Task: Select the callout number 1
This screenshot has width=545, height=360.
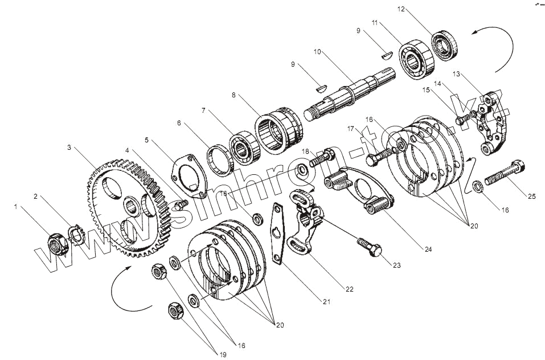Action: click(16, 207)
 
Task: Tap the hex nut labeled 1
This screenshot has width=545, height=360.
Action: click(55, 244)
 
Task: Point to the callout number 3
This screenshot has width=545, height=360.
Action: click(69, 147)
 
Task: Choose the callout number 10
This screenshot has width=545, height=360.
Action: click(317, 52)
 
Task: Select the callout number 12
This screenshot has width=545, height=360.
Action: click(401, 9)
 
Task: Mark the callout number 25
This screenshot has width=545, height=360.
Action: click(531, 197)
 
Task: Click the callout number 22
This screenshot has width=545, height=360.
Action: click(349, 289)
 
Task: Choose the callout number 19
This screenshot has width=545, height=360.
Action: click(223, 354)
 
